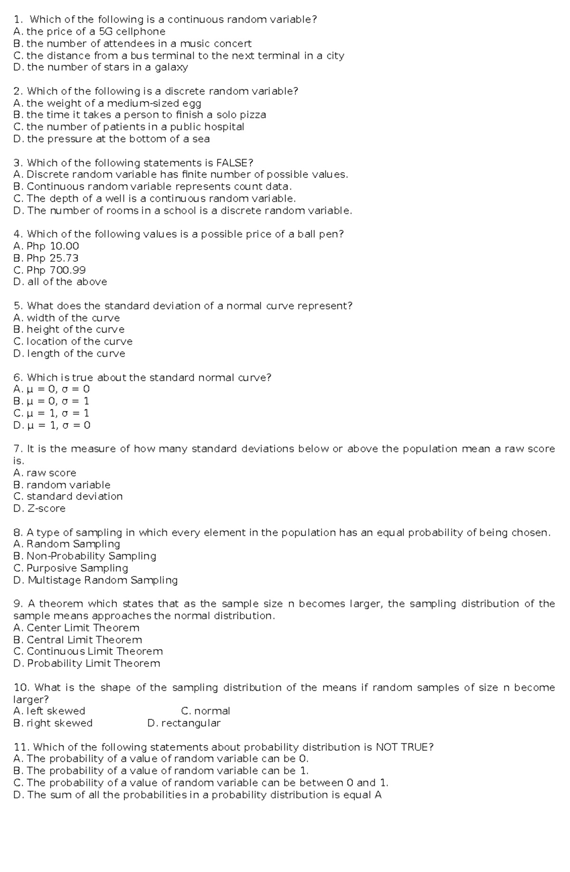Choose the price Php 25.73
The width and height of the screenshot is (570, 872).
click(52, 258)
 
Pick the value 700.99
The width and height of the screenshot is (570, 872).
click(68, 270)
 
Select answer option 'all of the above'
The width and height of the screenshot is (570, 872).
click(67, 282)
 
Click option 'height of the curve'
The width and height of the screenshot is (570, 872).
click(75, 329)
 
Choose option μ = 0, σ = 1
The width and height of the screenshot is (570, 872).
click(57, 401)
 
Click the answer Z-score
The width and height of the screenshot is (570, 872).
click(46, 508)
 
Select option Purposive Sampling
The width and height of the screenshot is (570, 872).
click(77, 568)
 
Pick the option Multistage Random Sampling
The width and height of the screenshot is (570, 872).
click(102, 580)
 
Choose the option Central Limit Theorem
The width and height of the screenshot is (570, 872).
click(84, 640)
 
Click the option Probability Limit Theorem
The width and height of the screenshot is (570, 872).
click(93, 663)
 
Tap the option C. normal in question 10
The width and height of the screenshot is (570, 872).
click(206, 711)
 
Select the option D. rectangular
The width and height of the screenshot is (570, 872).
click(184, 723)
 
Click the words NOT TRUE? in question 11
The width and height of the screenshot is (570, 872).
click(404, 747)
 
